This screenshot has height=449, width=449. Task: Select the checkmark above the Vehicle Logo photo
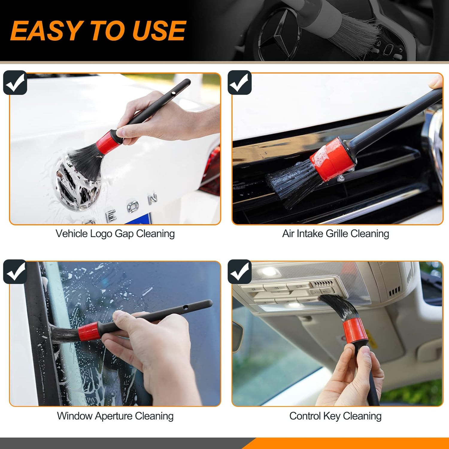pos(15,83)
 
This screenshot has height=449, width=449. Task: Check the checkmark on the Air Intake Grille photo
pos(239,83)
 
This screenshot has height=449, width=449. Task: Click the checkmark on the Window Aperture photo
pos(15,271)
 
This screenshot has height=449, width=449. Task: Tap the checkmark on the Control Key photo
pos(239,271)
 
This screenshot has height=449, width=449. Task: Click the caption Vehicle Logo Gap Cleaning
pos(115,233)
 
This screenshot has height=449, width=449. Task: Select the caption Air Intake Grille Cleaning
pos(335,233)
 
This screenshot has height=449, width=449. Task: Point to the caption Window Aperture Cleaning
pos(115,416)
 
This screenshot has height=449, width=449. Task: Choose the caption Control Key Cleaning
pos(335,416)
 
